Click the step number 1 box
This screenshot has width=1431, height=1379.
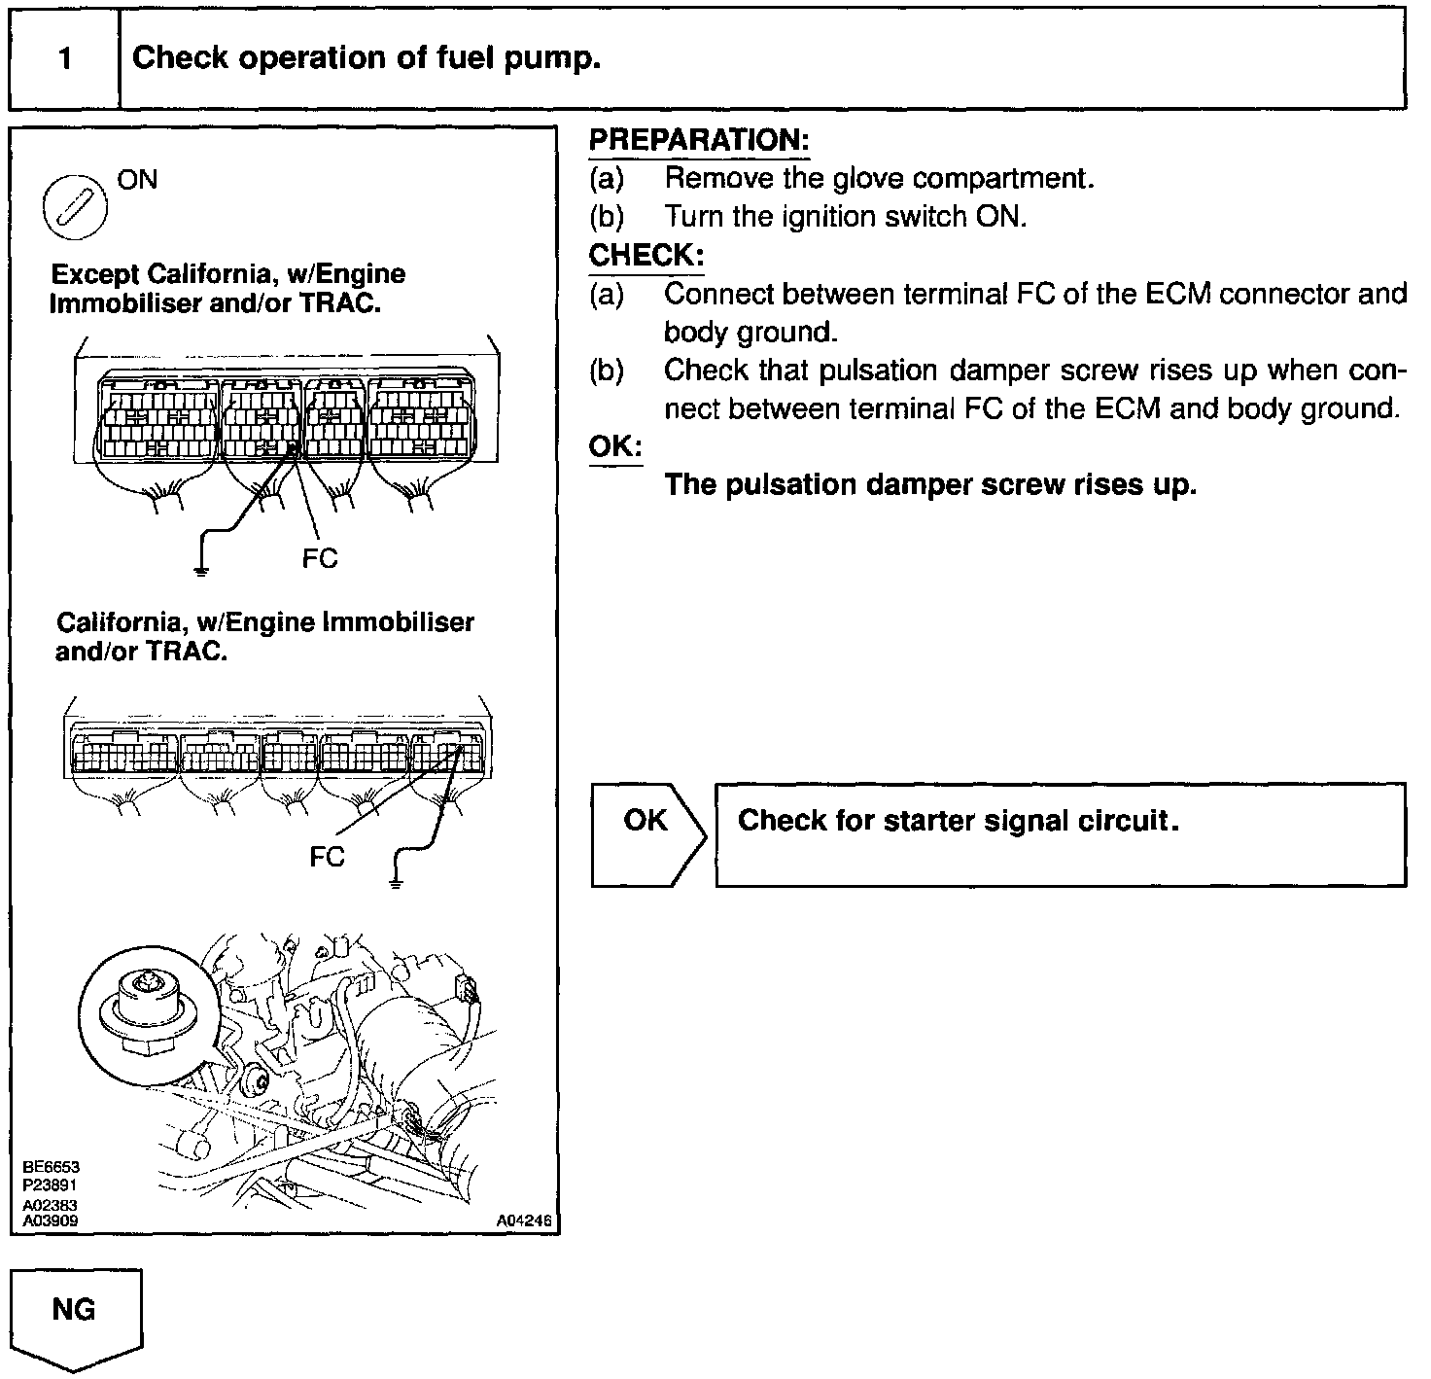(x=64, y=59)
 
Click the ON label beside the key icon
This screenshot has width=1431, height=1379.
(x=136, y=180)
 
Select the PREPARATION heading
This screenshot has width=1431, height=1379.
(x=699, y=140)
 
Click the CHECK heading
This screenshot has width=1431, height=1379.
(x=646, y=256)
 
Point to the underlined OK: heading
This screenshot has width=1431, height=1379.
(x=615, y=446)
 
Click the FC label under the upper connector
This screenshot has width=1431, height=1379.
(x=320, y=558)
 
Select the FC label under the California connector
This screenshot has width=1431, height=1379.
(x=327, y=857)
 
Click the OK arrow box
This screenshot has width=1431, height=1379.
(x=647, y=833)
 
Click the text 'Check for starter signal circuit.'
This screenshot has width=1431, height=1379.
(x=958, y=821)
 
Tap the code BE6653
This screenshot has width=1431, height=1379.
(x=51, y=1167)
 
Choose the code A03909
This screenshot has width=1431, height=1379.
(x=51, y=1220)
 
